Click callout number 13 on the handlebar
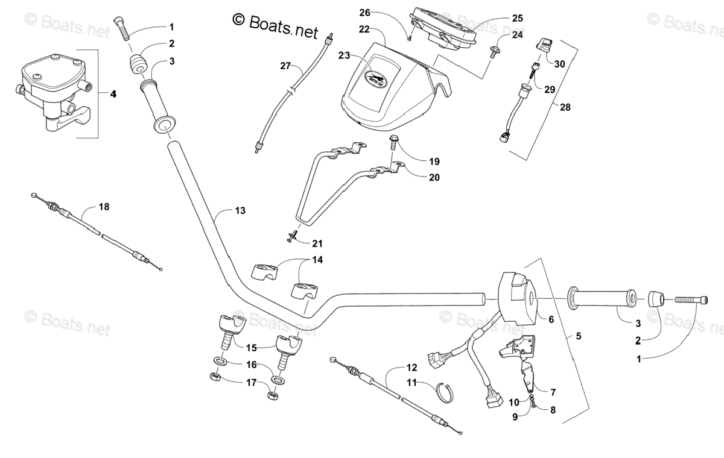click(x=240, y=210)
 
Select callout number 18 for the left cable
click(x=104, y=207)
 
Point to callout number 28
click(x=565, y=107)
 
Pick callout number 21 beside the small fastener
click(x=317, y=243)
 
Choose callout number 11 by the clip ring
click(x=411, y=382)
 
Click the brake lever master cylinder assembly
click(x=51, y=90)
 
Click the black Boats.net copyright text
click(x=275, y=27)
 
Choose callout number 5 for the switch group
click(x=579, y=336)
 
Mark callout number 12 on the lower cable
click(x=411, y=367)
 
